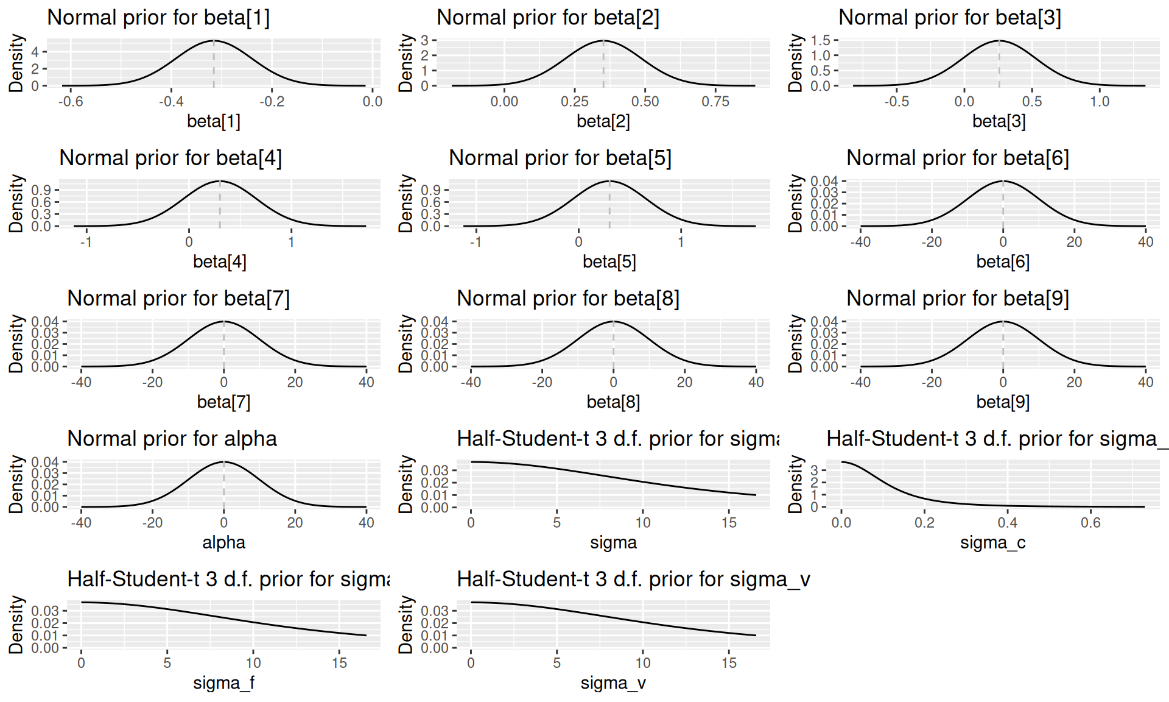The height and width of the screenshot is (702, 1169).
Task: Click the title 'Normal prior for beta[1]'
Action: pyautogui.click(x=158, y=18)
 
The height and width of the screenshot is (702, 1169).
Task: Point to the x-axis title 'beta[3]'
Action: pyautogui.click(x=999, y=121)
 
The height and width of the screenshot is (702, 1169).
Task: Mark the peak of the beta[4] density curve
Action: pyautogui.click(x=220, y=181)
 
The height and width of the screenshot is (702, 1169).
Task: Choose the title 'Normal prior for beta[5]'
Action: pyautogui.click(x=560, y=158)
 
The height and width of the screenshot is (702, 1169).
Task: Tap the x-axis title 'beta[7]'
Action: pyautogui.click(x=223, y=402)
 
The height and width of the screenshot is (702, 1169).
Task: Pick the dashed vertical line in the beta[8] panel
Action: pyautogui.click(x=613, y=344)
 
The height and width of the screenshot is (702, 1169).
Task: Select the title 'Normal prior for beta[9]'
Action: pyautogui.click(x=958, y=299)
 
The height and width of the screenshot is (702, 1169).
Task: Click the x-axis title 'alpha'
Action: pyautogui.click(x=223, y=542)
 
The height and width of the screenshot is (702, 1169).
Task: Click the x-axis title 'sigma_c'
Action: pyautogui.click(x=992, y=542)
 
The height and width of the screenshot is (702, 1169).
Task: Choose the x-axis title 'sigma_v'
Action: pyautogui.click(x=613, y=683)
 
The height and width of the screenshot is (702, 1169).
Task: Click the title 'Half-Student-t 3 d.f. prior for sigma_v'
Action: pyautogui.click(x=633, y=580)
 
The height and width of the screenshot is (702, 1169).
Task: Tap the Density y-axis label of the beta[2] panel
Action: pyautogui.click(x=406, y=63)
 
